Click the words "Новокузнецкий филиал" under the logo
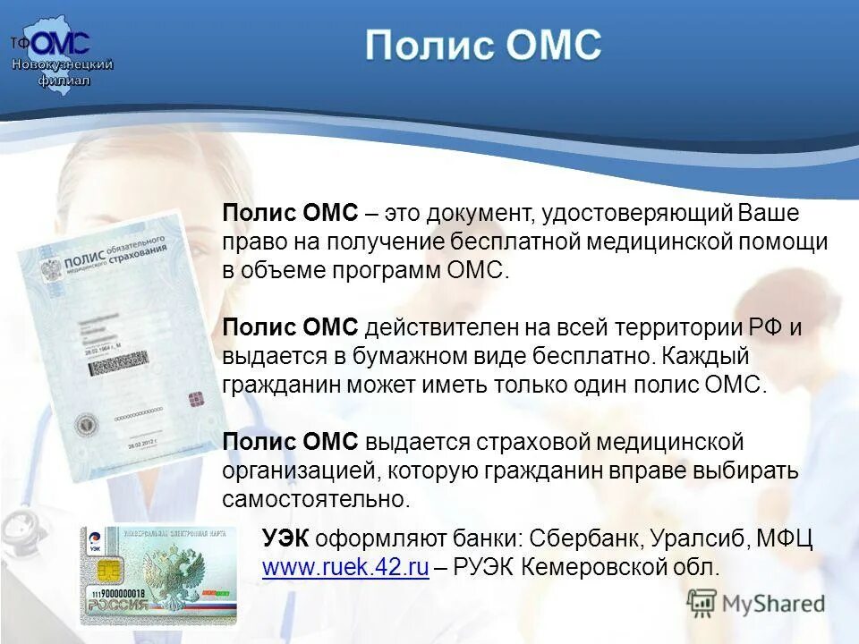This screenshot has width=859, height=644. coord(62,72)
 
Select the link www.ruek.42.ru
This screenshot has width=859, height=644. coord(345,566)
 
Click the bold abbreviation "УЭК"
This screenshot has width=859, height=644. coord(286,539)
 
